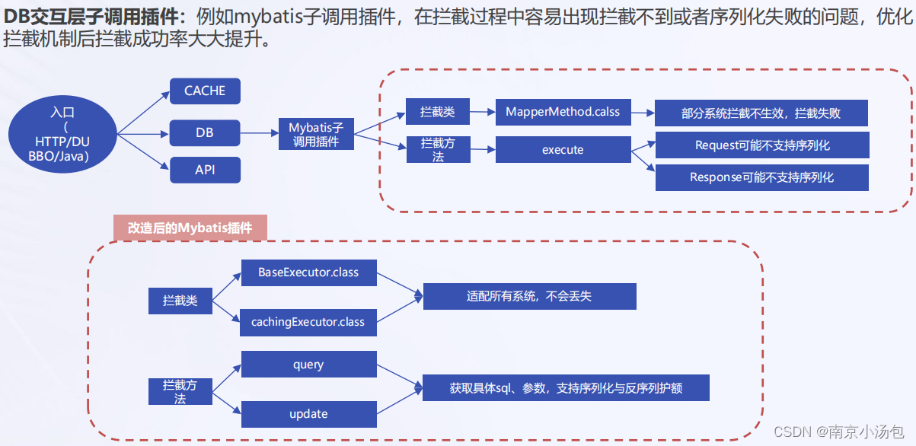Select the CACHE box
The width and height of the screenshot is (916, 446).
[x=205, y=91]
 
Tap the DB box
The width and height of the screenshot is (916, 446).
[x=205, y=132]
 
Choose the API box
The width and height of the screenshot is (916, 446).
[x=205, y=170]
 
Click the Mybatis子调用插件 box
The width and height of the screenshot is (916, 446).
[x=316, y=134]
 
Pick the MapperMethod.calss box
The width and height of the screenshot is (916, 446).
[x=563, y=112]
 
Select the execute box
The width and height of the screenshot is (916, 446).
[x=563, y=150]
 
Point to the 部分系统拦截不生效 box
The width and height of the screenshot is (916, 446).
[x=761, y=113]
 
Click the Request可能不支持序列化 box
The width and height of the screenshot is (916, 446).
[x=761, y=145]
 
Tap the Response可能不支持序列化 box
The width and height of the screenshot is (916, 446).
[x=761, y=177]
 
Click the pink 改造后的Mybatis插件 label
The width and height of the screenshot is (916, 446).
[x=190, y=227]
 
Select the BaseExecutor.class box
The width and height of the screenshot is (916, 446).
[x=308, y=272]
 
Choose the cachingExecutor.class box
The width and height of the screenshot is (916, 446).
[x=308, y=322]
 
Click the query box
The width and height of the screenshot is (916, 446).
[x=308, y=365]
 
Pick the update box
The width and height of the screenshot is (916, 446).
[x=308, y=414]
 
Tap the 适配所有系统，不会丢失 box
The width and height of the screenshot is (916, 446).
[x=528, y=296]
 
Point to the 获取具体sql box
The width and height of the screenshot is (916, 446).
[x=566, y=387]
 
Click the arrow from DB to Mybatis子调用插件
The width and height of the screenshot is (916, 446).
[x=260, y=133]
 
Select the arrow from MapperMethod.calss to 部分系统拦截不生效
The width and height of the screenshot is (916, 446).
[x=643, y=113]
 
